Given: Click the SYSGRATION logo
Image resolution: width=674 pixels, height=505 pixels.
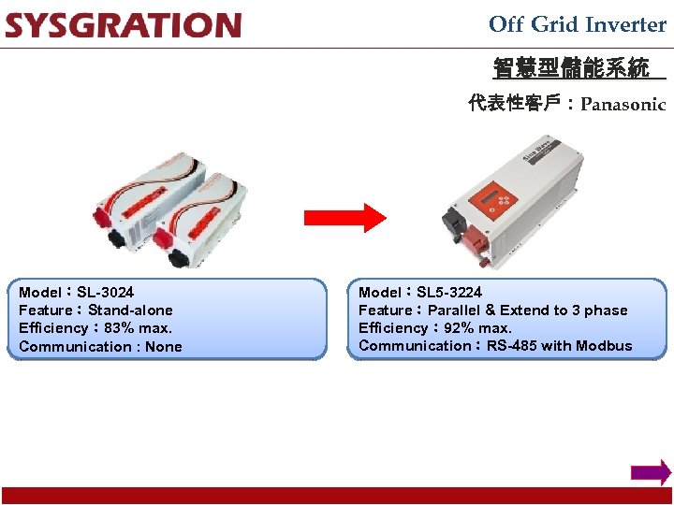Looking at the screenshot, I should click(123, 25).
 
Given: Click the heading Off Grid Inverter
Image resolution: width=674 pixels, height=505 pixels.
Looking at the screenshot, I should click(577, 24).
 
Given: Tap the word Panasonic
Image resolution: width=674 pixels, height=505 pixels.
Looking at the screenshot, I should click(623, 105).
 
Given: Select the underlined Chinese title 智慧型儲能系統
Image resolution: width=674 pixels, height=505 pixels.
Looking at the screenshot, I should click(571, 68).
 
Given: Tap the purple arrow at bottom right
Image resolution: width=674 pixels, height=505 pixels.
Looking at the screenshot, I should click(651, 472).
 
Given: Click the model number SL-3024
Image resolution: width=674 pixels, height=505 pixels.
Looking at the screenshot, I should click(105, 292).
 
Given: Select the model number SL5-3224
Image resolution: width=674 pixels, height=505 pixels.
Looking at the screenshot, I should click(449, 292).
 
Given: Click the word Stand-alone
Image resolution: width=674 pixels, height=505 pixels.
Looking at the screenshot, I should click(130, 310).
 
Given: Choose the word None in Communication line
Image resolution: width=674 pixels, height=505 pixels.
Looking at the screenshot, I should click(164, 347).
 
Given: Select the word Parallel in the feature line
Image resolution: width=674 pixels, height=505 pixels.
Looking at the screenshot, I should click(454, 310).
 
